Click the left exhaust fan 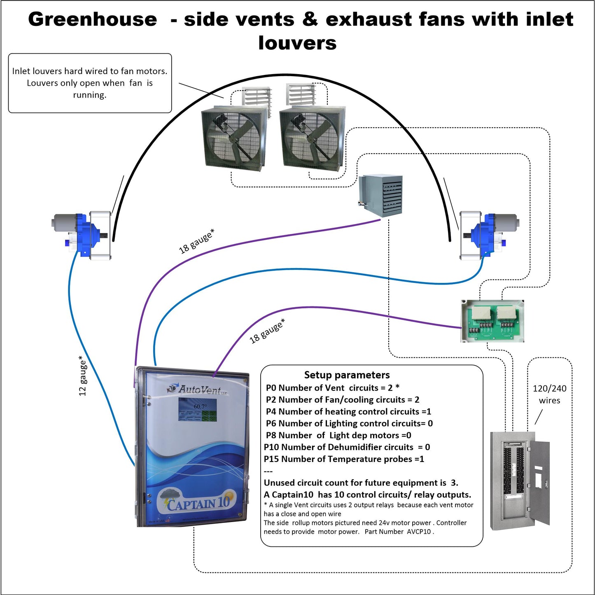pos(233,138)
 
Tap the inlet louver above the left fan pos(256,101)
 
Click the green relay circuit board pos(492,321)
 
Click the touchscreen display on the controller pos(198,410)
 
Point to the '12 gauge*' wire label pos(83,376)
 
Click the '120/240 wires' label pos(549,394)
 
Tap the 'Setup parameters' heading pos(347,375)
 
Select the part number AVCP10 pos(419,532)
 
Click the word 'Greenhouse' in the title pos(93,19)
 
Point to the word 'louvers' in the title pos(297,43)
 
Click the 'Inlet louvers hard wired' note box pos(90,83)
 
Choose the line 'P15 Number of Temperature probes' pos(344,459)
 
